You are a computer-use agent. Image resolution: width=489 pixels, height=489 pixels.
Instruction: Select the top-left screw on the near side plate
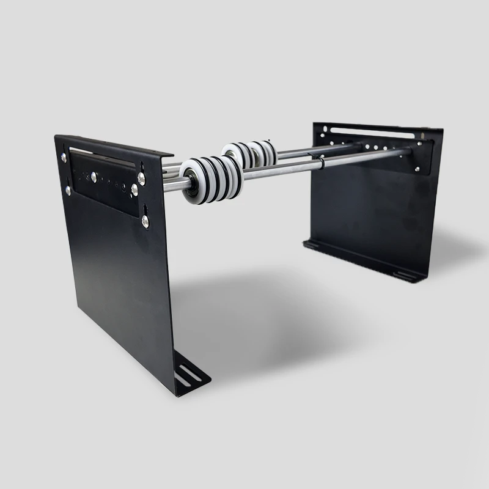64,157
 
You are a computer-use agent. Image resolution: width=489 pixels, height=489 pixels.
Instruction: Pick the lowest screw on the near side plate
145,221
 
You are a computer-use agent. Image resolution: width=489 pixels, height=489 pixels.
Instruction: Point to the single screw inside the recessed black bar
94,177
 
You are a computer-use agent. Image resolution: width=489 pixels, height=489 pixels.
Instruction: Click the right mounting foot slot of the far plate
404,276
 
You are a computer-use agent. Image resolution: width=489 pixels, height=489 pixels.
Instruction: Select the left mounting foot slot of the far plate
312,244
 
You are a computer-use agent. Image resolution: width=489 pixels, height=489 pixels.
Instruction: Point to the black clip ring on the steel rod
322,164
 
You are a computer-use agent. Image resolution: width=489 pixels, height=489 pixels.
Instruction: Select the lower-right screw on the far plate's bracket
417,169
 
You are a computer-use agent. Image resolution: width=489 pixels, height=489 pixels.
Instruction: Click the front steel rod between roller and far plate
287,171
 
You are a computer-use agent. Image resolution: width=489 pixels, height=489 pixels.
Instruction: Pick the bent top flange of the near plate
116,144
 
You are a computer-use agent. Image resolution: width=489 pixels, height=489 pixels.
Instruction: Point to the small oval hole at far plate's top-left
325,128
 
